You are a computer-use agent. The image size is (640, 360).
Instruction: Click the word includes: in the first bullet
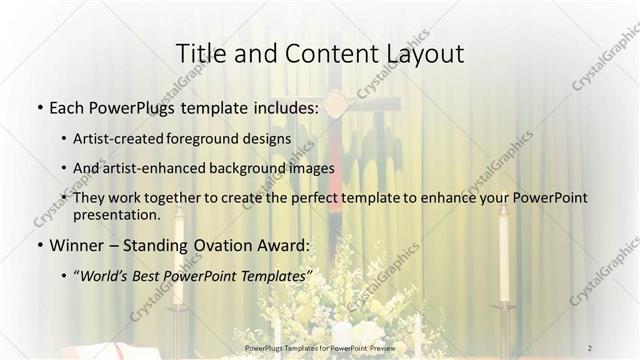point(283,105)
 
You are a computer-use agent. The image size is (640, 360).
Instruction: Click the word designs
point(270,138)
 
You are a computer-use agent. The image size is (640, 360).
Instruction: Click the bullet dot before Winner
point(39,245)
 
